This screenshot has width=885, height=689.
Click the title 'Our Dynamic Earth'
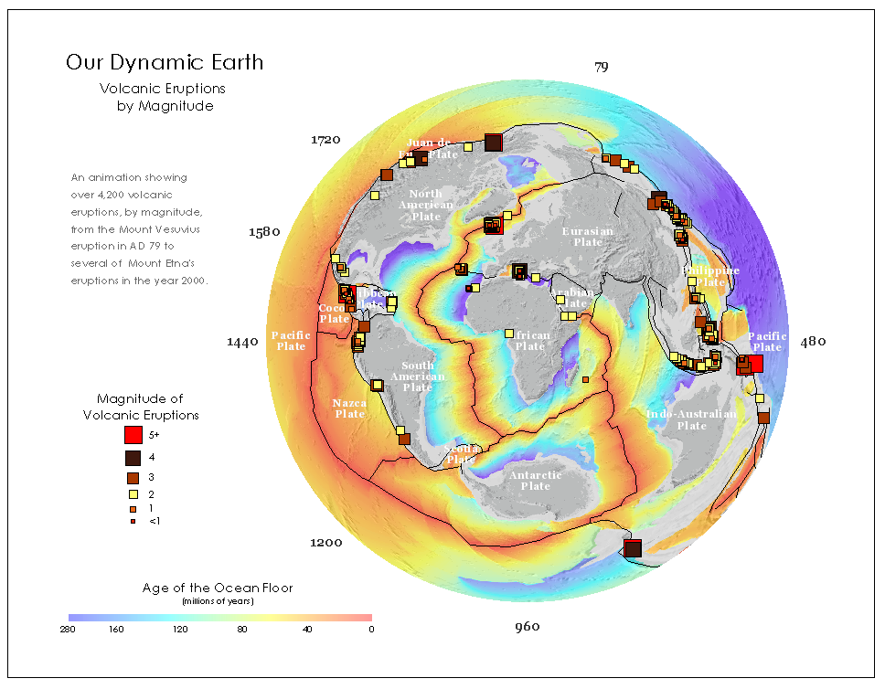tap(165, 63)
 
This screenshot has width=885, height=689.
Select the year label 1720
tap(325, 140)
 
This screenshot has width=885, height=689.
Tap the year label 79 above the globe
tap(601, 67)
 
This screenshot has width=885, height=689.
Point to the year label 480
tap(813, 342)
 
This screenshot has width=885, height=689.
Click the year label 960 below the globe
tap(527, 627)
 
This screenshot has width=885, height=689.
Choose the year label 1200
tap(325, 543)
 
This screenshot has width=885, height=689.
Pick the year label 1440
tap(242, 342)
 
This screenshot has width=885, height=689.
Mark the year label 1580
tap(264, 232)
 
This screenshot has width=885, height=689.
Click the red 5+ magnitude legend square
tap(133, 436)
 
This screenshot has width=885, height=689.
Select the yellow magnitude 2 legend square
tap(133, 494)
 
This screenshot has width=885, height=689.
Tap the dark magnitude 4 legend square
tap(133, 458)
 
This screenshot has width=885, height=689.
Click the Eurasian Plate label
tap(588, 237)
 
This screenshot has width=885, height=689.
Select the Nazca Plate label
tap(349, 408)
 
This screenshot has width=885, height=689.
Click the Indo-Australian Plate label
tap(691, 419)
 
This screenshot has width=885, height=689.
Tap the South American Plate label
tap(418, 376)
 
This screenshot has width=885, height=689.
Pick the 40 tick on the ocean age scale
tap(307, 630)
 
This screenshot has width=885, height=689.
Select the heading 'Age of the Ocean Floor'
tap(218, 588)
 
